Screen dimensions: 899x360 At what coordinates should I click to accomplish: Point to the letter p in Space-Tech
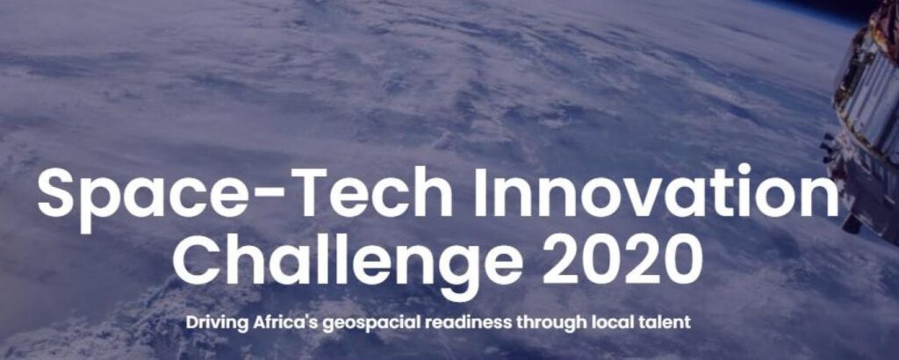coord(104,205)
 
